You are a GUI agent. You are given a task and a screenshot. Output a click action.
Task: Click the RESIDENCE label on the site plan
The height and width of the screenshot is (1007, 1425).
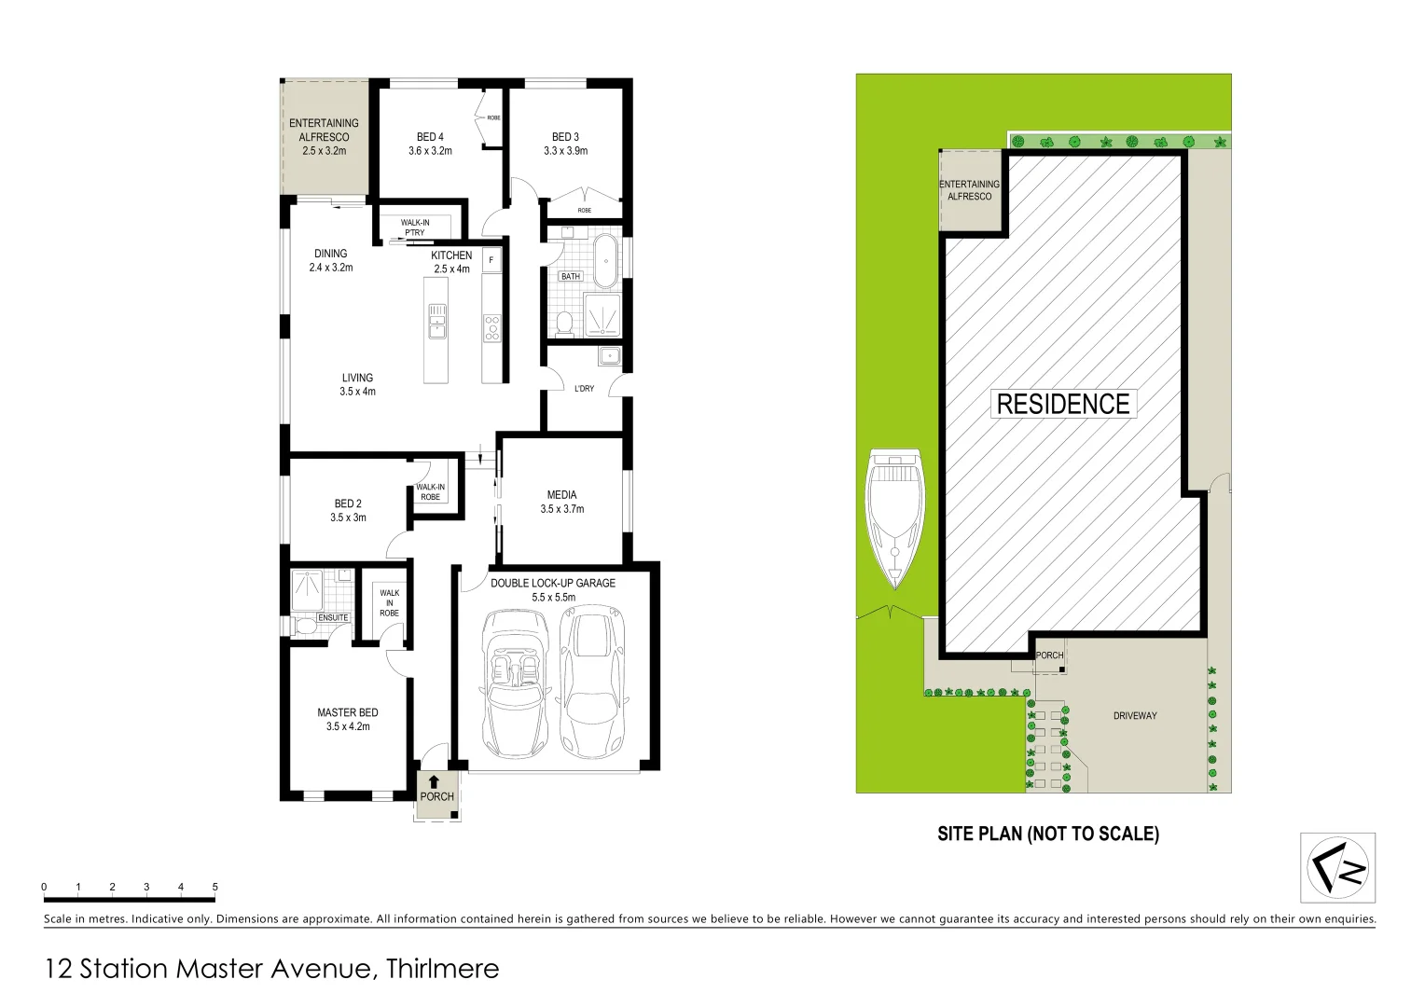click(1063, 404)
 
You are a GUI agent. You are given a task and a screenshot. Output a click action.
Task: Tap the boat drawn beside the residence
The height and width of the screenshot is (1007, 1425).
click(896, 517)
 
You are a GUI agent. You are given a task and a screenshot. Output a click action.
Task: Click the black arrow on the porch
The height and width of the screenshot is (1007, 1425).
click(434, 783)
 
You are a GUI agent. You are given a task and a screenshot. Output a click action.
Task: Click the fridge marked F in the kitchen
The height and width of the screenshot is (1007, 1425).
click(491, 259)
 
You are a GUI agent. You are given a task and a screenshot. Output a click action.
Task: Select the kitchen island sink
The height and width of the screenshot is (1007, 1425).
click(436, 322)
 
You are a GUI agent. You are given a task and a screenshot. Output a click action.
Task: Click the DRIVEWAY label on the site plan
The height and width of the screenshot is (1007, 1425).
click(1135, 716)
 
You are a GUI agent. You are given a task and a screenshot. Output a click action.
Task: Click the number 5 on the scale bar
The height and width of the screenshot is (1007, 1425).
click(214, 887)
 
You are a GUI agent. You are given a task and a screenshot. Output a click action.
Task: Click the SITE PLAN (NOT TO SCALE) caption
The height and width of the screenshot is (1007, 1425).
click(1047, 834)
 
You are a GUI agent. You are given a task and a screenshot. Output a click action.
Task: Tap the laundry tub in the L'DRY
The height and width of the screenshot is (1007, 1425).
click(609, 355)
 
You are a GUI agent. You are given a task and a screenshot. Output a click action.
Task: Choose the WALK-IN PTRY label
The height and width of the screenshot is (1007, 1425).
click(415, 228)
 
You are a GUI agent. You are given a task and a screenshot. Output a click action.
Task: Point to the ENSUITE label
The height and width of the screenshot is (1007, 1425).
click(334, 617)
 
